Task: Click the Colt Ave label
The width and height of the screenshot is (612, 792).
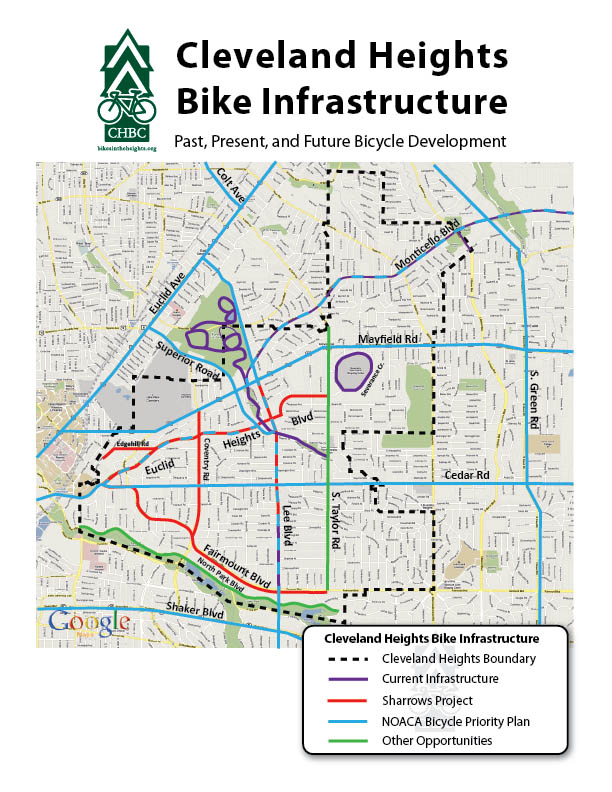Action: [x=231, y=185]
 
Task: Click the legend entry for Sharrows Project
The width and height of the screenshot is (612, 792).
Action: [x=431, y=700]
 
